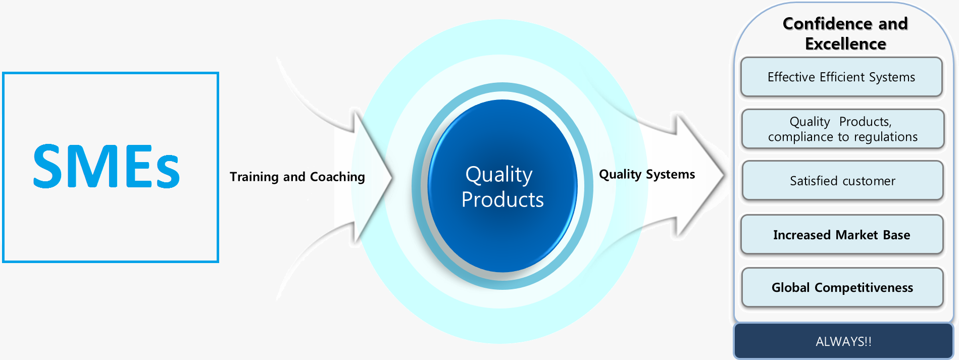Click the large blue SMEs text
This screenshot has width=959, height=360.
click(107, 166)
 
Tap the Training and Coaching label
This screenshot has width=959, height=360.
click(297, 177)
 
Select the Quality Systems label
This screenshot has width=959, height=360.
click(646, 174)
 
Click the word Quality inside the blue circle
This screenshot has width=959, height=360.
click(498, 175)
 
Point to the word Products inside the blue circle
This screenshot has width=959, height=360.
click(502, 199)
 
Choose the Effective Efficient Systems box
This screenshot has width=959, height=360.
click(841, 77)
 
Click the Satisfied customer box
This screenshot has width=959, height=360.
click(842, 181)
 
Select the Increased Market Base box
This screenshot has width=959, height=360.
click(841, 235)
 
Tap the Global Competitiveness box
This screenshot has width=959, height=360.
click(842, 287)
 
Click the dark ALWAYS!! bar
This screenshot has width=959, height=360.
click(843, 341)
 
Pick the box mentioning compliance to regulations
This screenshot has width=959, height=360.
click(842, 129)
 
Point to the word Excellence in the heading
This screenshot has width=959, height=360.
click(845, 44)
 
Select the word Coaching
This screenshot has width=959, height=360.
click(337, 177)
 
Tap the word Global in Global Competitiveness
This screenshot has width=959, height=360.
click(790, 287)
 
